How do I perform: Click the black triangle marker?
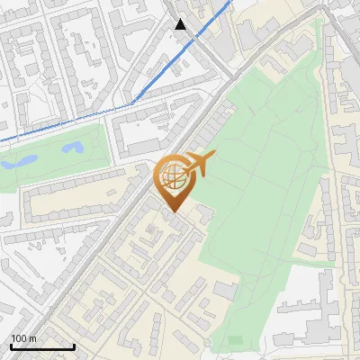coord(181,24)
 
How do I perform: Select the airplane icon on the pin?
coord(200,164)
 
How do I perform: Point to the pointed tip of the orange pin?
coord(174,212)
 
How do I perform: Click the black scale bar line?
coord(42,347)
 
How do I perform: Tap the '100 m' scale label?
coord(24,338)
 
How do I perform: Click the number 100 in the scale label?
coord(20,338)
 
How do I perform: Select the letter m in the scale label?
coord(33,338)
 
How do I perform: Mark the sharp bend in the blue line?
coord(134,103)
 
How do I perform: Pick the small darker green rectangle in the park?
coord(237,339)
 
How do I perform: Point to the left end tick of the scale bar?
coord(11,346)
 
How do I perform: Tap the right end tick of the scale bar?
coord(74,346)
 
